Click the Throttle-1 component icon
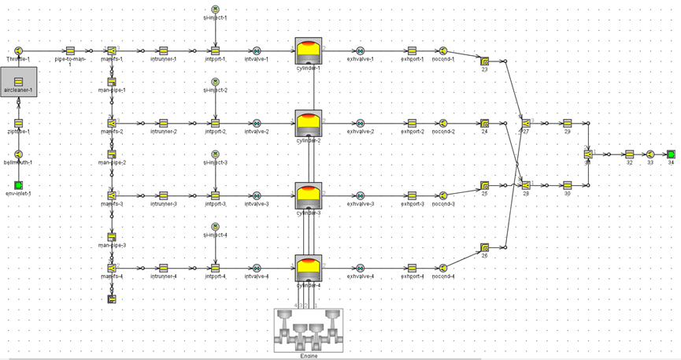point(18,50)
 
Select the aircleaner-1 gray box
point(18,81)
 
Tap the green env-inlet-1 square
point(18,185)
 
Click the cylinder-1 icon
point(309,51)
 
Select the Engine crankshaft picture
point(308,329)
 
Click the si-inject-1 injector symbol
point(215,9)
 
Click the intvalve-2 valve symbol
point(257,123)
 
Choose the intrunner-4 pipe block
point(164,268)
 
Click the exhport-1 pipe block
point(412,50)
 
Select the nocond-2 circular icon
point(443,123)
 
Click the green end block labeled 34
point(671,154)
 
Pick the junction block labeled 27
point(526,123)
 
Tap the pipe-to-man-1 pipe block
point(70,50)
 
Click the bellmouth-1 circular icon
point(18,154)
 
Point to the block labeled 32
point(629,154)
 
